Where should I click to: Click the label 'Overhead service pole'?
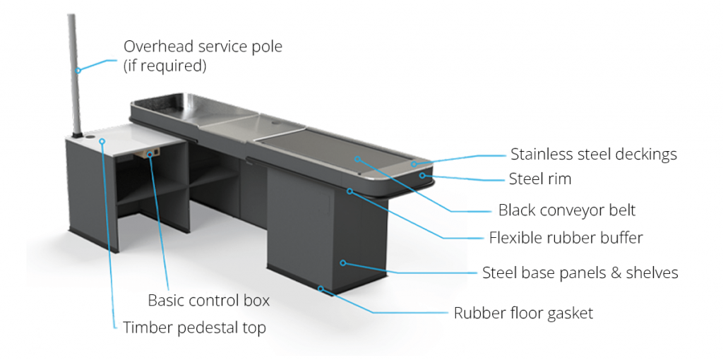202,47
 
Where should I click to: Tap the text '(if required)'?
165,66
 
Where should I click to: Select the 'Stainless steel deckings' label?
593,154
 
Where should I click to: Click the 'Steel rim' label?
539,179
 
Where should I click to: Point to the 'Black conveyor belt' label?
566,210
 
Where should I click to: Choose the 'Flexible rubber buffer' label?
566,237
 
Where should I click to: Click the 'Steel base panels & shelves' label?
580,272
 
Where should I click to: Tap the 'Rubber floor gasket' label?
523,313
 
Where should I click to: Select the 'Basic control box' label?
208,300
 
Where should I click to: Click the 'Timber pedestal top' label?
194,328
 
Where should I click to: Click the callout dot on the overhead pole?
79,69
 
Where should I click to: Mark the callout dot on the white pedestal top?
102,141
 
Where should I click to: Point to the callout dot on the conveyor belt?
358,159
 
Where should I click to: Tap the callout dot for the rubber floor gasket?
321,288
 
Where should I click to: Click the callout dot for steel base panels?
343,263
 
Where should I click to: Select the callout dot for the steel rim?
422,175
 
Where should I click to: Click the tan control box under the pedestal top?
150,152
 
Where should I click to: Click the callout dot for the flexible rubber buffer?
349,190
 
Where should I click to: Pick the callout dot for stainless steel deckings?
414,164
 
